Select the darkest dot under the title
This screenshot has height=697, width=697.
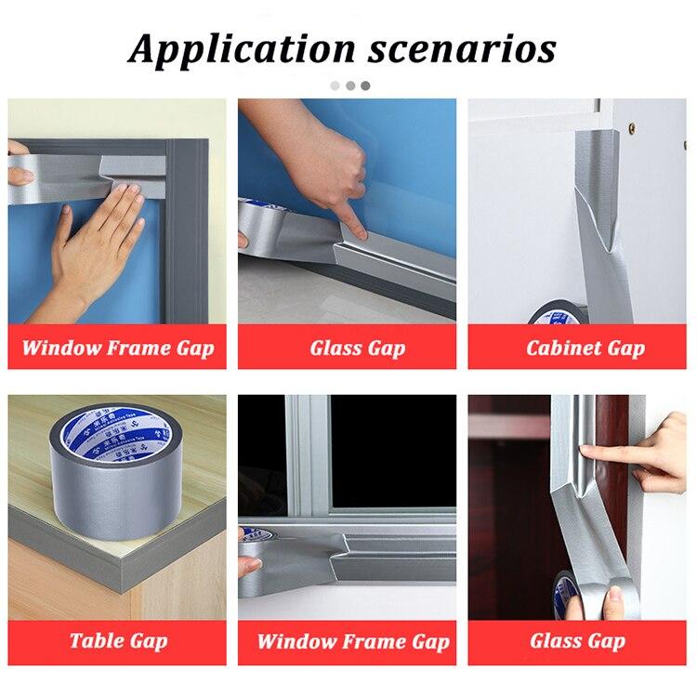click(x=365, y=85)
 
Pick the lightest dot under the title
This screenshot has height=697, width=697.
click(x=335, y=85)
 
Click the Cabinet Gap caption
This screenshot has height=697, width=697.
click(x=585, y=348)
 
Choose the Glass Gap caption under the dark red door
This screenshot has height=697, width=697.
click(x=577, y=640)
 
